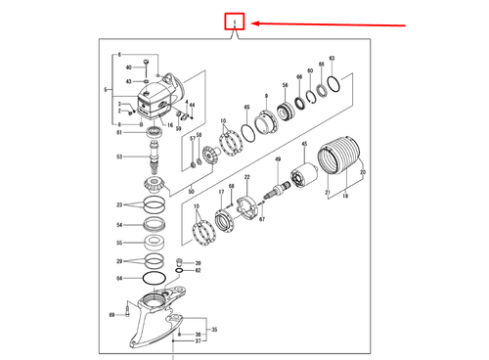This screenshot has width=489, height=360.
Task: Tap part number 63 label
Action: (x=333, y=60)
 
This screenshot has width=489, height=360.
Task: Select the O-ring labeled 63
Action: (x=333, y=84)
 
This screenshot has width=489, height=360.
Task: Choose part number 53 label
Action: (x=119, y=157)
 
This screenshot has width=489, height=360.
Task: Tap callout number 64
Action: (x=119, y=279)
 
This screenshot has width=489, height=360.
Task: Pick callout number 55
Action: (x=119, y=243)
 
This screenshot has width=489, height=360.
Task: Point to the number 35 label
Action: (x=214, y=331)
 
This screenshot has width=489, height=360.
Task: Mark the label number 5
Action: (x=106, y=90)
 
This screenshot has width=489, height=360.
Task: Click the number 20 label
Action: (x=363, y=172)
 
